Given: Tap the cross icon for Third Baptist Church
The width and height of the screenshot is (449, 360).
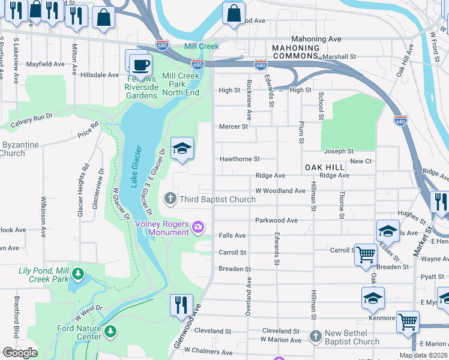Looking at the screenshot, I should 170,199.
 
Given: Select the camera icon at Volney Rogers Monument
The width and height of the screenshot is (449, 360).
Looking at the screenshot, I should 199,227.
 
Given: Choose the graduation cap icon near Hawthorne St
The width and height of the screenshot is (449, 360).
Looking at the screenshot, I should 182,148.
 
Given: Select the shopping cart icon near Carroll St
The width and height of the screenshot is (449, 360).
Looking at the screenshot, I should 365,254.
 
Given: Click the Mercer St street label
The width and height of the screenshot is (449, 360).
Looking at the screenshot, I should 234,127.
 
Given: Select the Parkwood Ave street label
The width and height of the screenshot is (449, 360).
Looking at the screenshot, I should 277,220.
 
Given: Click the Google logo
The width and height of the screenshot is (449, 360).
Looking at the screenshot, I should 20,353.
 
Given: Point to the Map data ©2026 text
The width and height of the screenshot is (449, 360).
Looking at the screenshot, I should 424,356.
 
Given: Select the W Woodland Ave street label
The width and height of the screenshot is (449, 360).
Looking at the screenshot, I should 280,191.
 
